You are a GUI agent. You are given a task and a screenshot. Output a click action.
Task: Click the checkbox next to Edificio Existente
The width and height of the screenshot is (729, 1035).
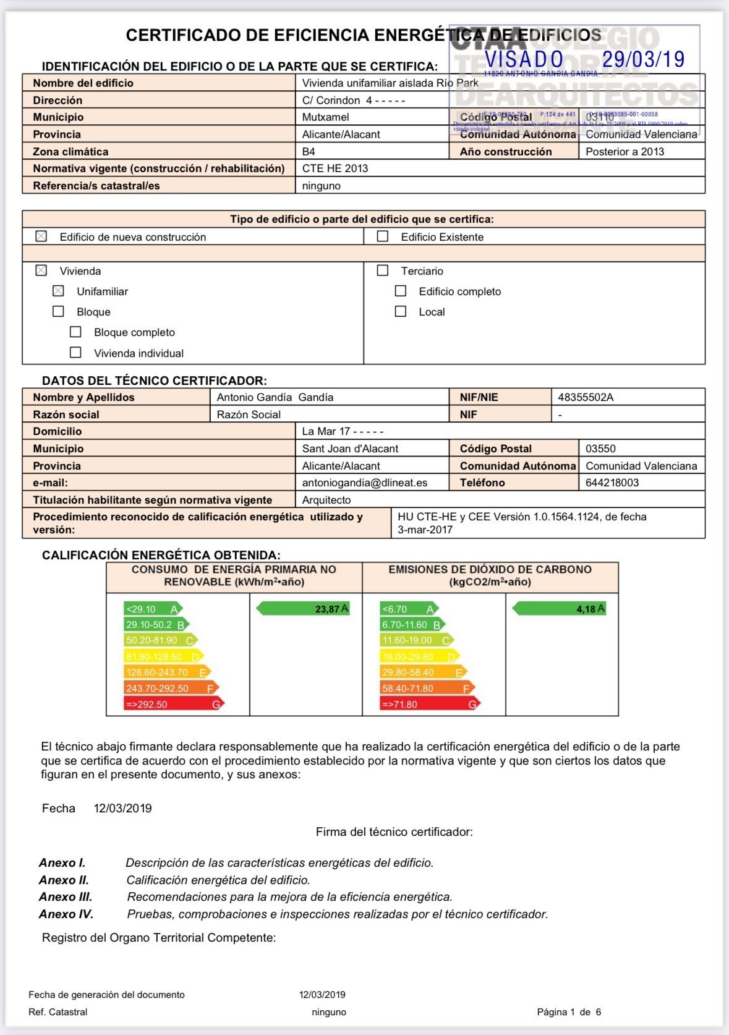[x=383, y=236]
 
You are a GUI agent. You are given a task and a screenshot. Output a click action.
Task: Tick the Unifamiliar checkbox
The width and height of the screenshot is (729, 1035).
[x=58, y=291]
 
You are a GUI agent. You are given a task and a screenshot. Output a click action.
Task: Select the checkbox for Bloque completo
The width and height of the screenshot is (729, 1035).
[x=75, y=332]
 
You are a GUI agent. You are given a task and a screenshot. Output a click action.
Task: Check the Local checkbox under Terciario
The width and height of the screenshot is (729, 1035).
[x=401, y=312]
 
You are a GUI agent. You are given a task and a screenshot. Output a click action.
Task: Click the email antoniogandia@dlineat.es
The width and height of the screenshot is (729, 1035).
[x=364, y=483]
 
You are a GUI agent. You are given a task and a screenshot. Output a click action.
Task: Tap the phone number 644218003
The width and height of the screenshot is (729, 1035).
[x=612, y=483]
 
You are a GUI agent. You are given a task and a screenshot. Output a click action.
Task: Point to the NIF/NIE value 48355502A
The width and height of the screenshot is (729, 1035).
[x=586, y=397]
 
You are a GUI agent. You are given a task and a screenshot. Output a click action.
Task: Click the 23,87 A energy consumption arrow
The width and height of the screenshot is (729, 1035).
[x=303, y=609]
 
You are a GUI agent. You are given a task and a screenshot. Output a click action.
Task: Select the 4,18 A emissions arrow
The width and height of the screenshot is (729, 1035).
[x=559, y=609]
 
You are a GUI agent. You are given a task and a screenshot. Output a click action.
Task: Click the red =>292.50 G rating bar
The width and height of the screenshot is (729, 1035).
[x=173, y=704]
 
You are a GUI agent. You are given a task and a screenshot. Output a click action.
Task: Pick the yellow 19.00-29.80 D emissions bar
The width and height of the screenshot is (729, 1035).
[x=419, y=656]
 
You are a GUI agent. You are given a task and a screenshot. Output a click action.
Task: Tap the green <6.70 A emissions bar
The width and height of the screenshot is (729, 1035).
[x=409, y=609]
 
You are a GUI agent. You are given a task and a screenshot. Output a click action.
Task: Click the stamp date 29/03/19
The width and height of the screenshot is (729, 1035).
[x=643, y=59]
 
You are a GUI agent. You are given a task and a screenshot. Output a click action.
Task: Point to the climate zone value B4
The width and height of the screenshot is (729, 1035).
[x=309, y=152]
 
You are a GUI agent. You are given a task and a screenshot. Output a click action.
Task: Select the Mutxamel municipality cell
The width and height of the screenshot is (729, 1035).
[x=326, y=117]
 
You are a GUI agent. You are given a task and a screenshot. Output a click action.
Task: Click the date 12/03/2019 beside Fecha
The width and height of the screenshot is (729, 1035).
[x=122, y=808]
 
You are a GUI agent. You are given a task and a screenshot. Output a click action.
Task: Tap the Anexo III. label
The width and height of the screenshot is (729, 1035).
[x=66, y=896]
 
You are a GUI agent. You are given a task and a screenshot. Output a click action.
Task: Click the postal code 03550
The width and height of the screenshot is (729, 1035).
[x=600, y=449]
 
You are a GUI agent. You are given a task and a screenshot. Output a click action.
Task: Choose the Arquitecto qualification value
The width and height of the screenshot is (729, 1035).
[x=326, y=500]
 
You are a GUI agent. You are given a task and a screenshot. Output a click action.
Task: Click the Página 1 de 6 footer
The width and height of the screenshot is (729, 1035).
[x=569, y=1012]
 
